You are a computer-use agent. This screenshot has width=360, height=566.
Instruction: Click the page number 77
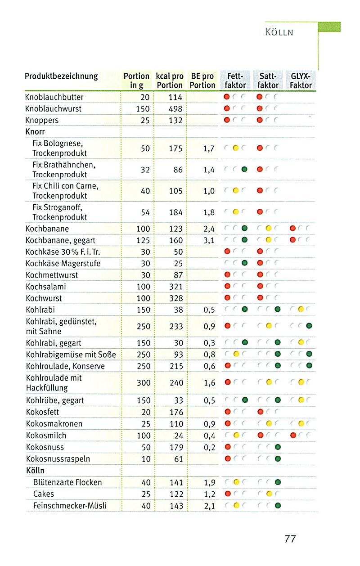pos(290,539)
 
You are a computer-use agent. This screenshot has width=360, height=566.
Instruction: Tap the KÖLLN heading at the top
pos(279,32)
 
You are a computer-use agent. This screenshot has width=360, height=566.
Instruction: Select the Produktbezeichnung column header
pos(61,76)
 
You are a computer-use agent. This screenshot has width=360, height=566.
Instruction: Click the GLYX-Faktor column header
pos(301,81)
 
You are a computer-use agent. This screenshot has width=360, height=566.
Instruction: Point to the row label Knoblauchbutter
pos(54,97)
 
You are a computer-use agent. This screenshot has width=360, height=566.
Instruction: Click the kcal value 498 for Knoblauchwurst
pos(175,109)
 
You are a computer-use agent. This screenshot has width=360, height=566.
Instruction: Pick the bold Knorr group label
pos(36,132)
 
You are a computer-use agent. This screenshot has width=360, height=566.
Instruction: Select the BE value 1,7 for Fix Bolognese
pos(209,148)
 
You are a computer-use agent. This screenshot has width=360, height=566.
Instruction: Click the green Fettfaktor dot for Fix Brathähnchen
pos(244,170)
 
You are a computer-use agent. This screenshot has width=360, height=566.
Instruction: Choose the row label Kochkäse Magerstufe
pos(63,264)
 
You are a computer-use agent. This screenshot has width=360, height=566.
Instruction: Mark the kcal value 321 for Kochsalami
pos(175,287)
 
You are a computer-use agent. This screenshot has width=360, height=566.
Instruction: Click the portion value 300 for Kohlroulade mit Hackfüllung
pos(143,383)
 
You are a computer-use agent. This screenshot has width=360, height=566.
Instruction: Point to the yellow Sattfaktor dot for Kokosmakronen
pos(269,424)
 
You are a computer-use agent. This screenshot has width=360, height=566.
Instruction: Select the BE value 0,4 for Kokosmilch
pos(209,436)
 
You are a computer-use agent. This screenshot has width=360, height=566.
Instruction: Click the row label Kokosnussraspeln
pos(58,459)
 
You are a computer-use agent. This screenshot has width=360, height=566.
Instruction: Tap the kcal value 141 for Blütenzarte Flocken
pos(175,482)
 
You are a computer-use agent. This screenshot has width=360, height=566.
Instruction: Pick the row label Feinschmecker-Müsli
pos(70,506)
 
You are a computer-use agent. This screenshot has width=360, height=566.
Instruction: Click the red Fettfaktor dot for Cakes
pos(227,494)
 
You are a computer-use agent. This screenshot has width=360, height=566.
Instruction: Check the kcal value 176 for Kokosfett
pos(175,412)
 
